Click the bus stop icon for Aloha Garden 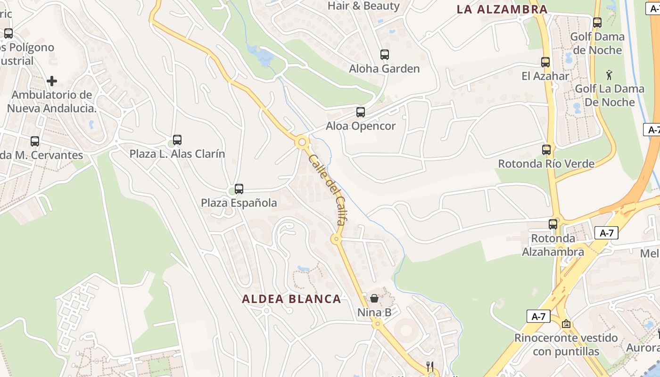tap(385, 55)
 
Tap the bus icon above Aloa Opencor tap(361, 112)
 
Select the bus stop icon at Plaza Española tap(239, 189)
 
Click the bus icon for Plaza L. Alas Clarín tap(177, 140)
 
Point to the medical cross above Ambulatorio tap(52, 81)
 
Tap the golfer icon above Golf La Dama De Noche tap(609, 75)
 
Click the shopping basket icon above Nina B tap(374, 298)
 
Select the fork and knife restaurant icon tap(429, 366)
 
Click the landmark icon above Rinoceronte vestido tap(566, 324)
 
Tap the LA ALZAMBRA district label tap(502, 9)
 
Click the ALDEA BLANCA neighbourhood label tap(291, 299)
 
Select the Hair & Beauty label tap(363, 6)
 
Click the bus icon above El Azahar tap(545, 62)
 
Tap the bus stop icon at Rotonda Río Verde tap(546, 150)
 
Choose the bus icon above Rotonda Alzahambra tap(553, 224)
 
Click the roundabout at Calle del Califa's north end tap(302, 141)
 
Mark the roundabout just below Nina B tap(376, 324)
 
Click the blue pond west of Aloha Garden tap(261, 56)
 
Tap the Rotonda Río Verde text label tap(546, 164)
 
